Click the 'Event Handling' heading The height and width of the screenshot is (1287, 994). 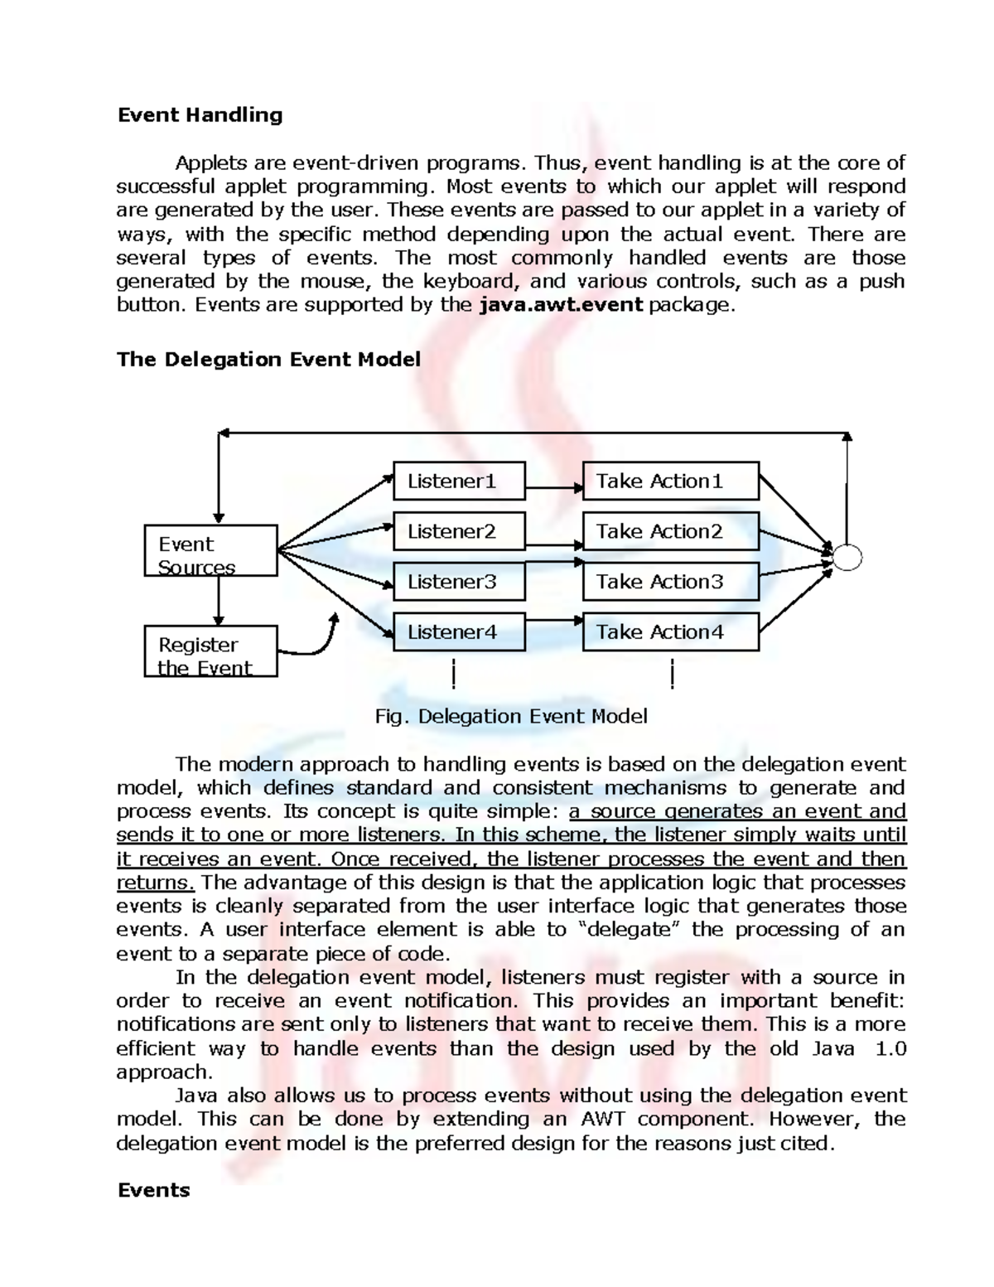[x=200, y=114]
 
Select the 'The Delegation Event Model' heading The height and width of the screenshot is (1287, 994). [x=268, y=359]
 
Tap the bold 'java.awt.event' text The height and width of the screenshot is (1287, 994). [x=562, y=304]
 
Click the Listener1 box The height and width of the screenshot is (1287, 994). [x=458, y=481]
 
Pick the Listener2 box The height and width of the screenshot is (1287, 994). [x=458, y=531]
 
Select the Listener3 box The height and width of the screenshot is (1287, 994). [x=458, y=582]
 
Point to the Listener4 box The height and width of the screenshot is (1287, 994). [x=458, y=632]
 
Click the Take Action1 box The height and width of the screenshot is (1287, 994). [x=670, y=481]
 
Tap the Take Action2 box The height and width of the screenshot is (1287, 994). [x=670, y=531]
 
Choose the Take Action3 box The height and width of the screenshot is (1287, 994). [x=670, y=582]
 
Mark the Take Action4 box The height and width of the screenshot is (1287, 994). [x=670, y=632]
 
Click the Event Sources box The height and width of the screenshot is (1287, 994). [x=210, y=550]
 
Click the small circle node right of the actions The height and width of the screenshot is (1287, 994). [x=847, y=557]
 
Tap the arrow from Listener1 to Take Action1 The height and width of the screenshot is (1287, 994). [x=553, y=488]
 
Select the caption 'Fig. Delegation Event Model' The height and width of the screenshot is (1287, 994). [x=510, y=716]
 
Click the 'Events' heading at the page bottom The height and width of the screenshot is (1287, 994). [x=153, y=1190]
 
